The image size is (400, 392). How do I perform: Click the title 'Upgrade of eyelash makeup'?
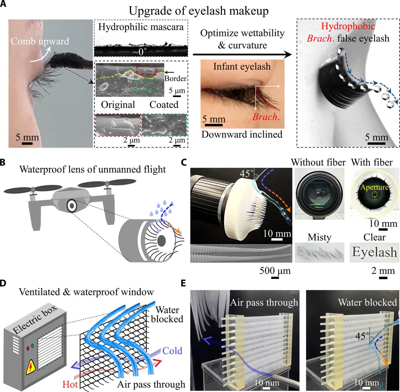pyautogui.click(x=199, y=11)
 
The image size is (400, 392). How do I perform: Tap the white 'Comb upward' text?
pyautogui.click(x=40, y=42)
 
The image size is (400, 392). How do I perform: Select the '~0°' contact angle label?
pyautogui.click(x=139, y=52)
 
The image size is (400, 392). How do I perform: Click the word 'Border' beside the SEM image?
pyautogui.click(x=175, y=78)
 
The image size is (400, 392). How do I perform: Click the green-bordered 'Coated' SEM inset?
pyautogui.click(x=164, y=125)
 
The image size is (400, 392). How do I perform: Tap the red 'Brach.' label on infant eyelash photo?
pyautogui.click(x=266, y=117)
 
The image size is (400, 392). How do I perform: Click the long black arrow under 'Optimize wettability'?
pyautogui.click(x=242, y=55)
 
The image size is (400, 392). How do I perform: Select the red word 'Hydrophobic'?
pyautogui.click(x=348, y=26)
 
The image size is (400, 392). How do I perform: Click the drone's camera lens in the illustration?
pyautogui.click(x=72, y=206)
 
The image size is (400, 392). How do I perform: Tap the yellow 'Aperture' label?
pyautogui.click(x=374, y=187)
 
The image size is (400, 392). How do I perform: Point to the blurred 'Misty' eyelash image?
pyautogui.click(x=319, y=252)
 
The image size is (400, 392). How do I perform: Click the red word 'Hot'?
pyautogui.click(x=70, y=384)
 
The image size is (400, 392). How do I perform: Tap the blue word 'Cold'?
pyautogui.click(x=172, y=351)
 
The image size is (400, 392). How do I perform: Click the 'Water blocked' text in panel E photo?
pyautogui.click(x=367, y=302)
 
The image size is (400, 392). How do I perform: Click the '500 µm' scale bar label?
pyautogui.click(x=275, y=271)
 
